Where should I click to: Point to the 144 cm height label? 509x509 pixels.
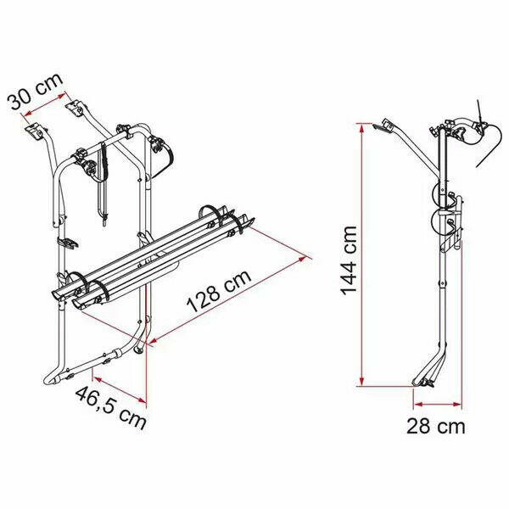[350, 255]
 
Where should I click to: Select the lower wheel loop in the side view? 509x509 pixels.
[442, 224]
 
